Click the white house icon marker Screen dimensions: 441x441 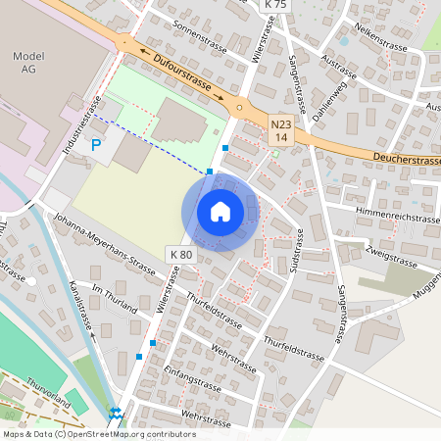click(x=220, y=212)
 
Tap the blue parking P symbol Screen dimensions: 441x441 click(x=95, y=145)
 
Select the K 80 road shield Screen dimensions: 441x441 click(x=181, y=254)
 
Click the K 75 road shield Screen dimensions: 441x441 click(x=276, y=5)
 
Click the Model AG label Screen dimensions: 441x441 click(x=29, y=64)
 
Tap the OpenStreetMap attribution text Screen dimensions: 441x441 click(x=98, y=434)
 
